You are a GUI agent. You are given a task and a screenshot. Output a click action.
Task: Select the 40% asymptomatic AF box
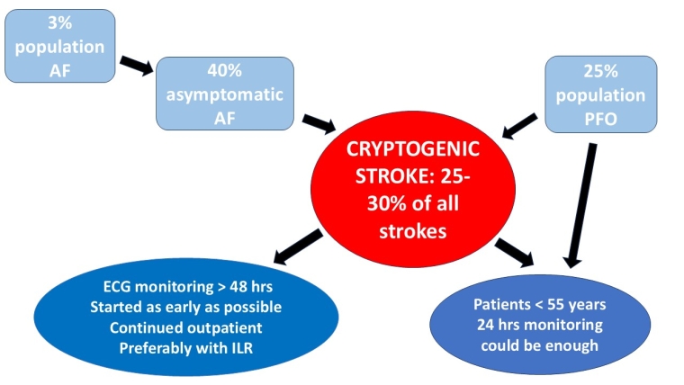[x=224, y=94]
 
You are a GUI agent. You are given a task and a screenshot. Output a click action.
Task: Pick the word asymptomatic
[x=224, y=94]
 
